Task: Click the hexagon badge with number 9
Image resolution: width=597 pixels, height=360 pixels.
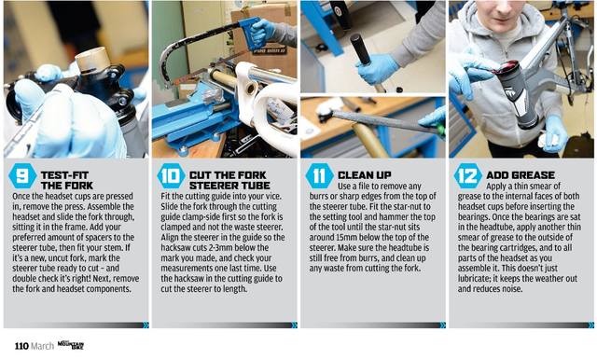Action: [x=22, y=176]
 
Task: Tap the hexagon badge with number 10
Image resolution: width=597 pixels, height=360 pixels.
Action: [x=171, y=176]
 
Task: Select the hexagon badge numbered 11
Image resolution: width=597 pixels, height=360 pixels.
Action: [x=319, y=176]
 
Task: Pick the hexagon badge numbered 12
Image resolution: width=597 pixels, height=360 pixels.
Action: [x=468, y=176]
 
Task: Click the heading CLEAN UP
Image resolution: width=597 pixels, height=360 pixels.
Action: [x=365, y=175]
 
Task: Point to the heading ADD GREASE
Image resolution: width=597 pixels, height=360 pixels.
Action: [x=521, y=175]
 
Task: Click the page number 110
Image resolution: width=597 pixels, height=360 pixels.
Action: [x=21, y=346]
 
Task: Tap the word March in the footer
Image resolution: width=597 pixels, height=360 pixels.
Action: [x=42, y=346]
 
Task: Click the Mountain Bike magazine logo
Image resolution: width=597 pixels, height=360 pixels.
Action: [x=71, y=345]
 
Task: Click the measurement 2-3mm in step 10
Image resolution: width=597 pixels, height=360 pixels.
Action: [x=215, y=248]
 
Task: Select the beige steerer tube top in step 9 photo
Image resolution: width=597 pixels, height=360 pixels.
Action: [x=92, y=60]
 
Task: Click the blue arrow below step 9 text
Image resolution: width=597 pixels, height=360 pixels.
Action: [x=146, y=325]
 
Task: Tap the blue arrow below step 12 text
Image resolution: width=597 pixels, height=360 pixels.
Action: [x=590, y=325]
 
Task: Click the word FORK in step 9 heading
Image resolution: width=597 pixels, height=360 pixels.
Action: [x=78, y=186]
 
